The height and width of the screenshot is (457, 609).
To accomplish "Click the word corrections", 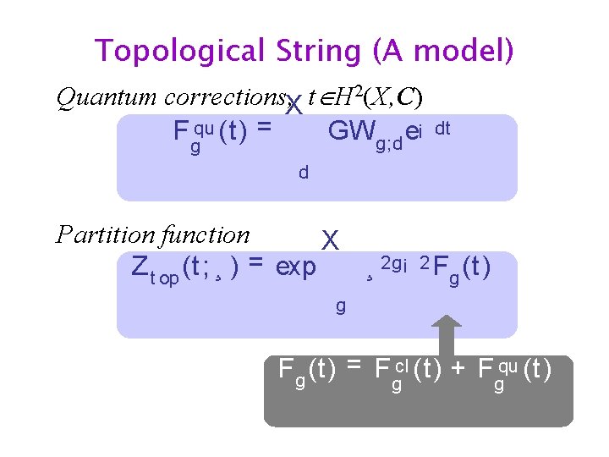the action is click(x=223, y=99).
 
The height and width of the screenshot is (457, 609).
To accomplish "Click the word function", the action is click(x=207, y=234).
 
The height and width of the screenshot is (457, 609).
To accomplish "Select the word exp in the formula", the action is click(x=296, y=267).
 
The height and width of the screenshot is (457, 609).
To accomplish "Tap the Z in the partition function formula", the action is click(x=140, y=267).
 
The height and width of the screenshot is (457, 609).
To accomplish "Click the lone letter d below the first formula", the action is click(x=303, y=173).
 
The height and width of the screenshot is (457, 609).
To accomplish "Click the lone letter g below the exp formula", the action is click(x=340, y=306).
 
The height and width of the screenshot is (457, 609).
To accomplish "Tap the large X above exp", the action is click(x=330, y=240).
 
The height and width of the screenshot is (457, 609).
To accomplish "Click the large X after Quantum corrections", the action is click(x=294, y=107).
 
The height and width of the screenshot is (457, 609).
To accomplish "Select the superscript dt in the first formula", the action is click(x=442, y=128).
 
